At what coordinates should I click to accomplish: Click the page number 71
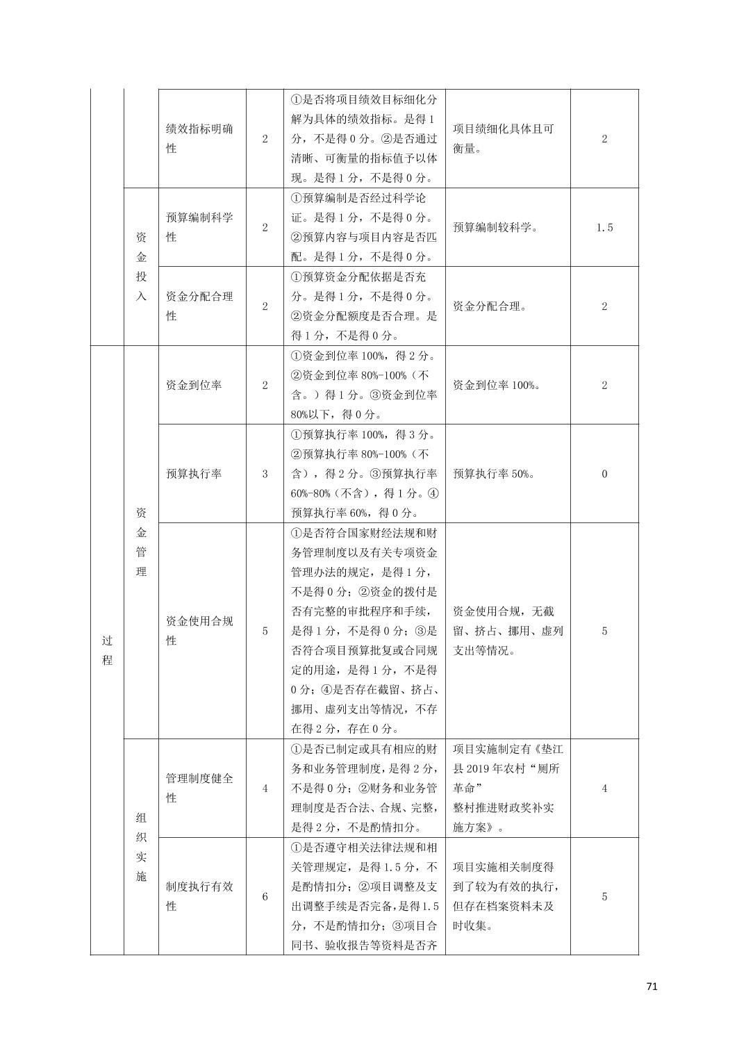coord(651,987)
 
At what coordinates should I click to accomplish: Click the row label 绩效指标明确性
coord(199,138)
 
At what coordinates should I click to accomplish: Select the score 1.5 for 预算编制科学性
coord(604,227)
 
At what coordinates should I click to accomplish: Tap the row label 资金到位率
coord(194,385)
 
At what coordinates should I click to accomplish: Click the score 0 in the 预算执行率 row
coord(604,474)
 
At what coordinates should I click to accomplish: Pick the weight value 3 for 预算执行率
coord(265,474)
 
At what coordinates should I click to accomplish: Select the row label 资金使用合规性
coord(199,630)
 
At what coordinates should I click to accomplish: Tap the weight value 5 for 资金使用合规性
coord(265,631)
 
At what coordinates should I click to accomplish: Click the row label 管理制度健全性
coord(199,788)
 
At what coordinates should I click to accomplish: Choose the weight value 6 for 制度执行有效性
coord(265,896)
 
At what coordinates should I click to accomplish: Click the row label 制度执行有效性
coord(199,896)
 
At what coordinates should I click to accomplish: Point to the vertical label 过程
coord(107,650)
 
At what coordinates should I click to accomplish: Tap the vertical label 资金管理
coord(141,542)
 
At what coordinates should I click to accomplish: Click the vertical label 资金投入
coord(141,266)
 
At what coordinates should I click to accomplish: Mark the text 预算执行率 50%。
coord(493,474)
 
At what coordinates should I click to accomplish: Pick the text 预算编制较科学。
coord(495,227)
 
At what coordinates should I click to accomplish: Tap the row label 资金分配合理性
coord(199,306)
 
